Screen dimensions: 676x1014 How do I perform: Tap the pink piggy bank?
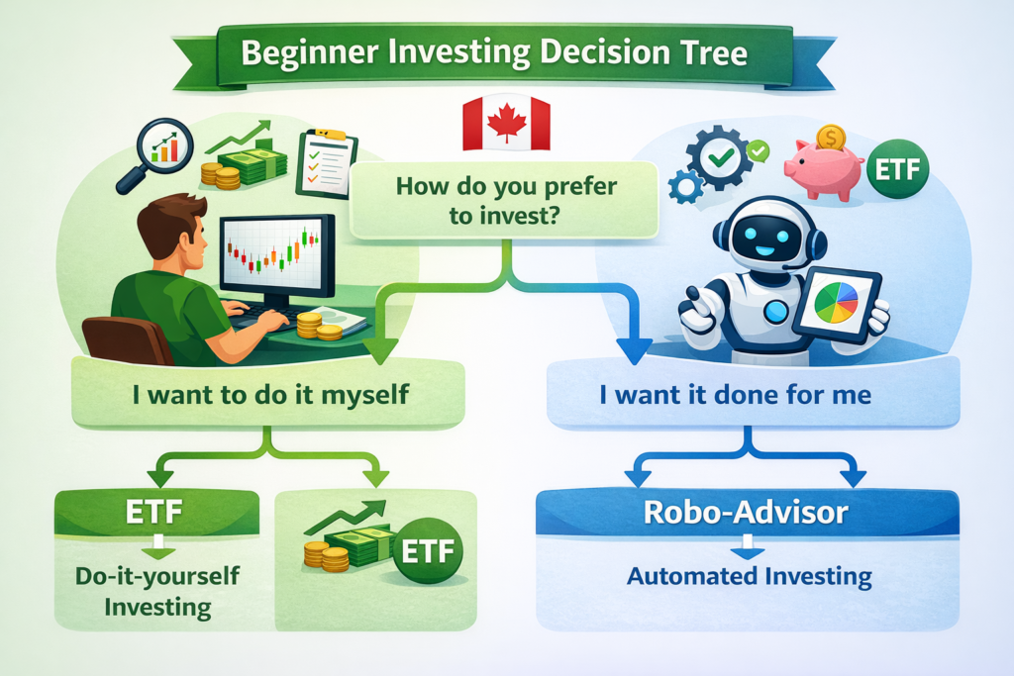pos(822,168)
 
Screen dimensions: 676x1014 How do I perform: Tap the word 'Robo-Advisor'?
pos(747,513)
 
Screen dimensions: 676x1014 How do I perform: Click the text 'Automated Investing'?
pos(748,575)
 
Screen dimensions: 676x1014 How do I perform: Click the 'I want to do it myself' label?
pos(270,395)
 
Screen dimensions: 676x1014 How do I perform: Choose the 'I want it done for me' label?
pos(735,395)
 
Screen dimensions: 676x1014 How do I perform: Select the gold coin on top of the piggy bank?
pos(831,135)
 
